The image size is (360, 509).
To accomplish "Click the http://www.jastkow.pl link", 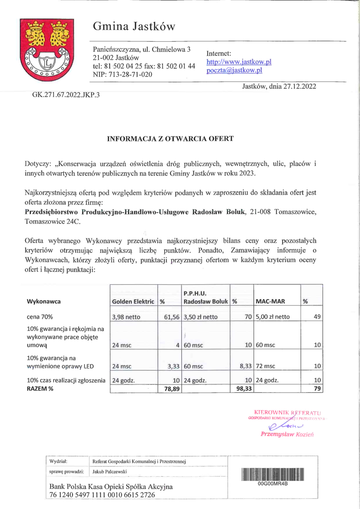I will click(x=238, y=62).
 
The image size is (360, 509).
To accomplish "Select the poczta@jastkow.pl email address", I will click(x=234, y=71).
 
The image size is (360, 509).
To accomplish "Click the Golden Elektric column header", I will click(x=133, y=301).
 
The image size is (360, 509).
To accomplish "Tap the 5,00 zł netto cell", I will click(x=273, y=317).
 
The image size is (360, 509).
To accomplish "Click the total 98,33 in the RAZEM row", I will click(x=241, y=388).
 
